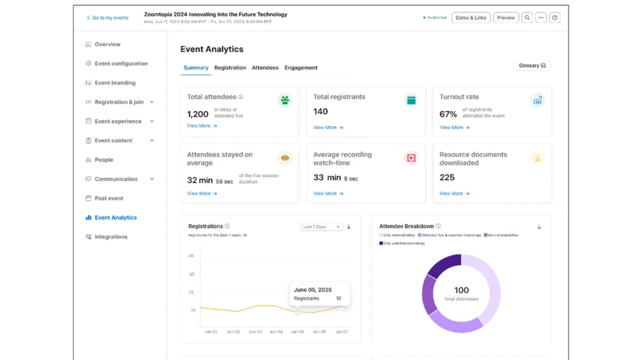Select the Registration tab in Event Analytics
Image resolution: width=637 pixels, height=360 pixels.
click(230, 68)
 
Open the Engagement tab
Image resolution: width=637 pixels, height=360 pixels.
click(301, 68)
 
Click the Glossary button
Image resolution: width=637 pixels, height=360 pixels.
click(532, 65)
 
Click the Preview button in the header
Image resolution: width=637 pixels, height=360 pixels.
click(506, 18)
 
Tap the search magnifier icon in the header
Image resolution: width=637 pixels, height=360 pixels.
click(527, 18)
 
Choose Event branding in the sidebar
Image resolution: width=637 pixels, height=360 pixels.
click(114, 83)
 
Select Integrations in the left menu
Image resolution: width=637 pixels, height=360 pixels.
click(111, 237)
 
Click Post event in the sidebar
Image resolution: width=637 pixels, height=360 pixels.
click(109, 198)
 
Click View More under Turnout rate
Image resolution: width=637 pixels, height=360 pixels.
click(454, 127)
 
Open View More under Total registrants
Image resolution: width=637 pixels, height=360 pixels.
click(328, 127)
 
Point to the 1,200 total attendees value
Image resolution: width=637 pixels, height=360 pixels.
click(198, 114)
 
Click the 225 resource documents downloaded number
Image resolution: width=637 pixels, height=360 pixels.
click(447, 177)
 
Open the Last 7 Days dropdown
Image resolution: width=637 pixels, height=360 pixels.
click(321, 227)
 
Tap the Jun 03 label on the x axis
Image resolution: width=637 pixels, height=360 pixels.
click(255, 332)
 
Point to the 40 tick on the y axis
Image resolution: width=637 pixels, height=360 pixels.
click(192, 256)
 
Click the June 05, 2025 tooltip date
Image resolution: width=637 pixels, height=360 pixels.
click(312, 289)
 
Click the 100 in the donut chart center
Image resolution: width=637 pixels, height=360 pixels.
click(461, 290)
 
